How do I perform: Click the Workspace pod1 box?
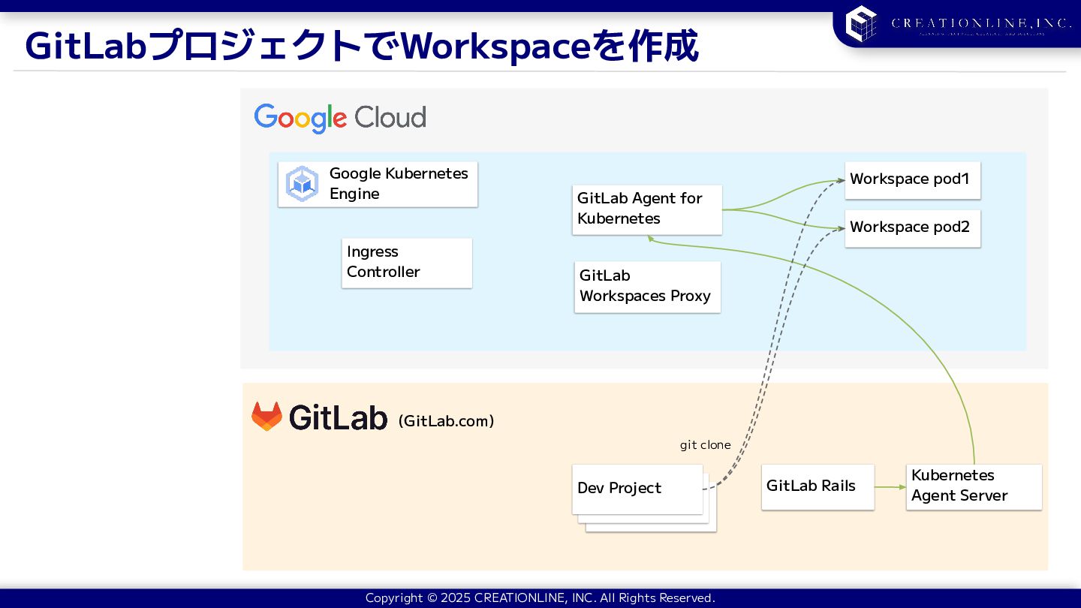[912, 180]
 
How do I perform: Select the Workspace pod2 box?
[912, 227]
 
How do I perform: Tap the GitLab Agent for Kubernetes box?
[646, 209]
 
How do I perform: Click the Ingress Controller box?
[406, 263]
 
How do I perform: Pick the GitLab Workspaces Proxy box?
[647, 287]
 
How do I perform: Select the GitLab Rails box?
[818, 487]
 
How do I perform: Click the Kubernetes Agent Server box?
[973, 486]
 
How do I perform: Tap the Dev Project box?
[637, 489]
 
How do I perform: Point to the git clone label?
[705, 445]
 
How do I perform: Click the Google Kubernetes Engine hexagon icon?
[303, 184]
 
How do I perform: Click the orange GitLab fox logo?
[266, 417]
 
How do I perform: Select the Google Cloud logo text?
[340, 118]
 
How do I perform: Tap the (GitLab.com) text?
[446, 421]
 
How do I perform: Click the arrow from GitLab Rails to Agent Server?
[890, 487]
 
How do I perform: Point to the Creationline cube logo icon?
[861, 23]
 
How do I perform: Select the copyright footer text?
[540, 598]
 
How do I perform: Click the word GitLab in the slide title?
[85, 47]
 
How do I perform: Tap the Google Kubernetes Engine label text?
[398, 184]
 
